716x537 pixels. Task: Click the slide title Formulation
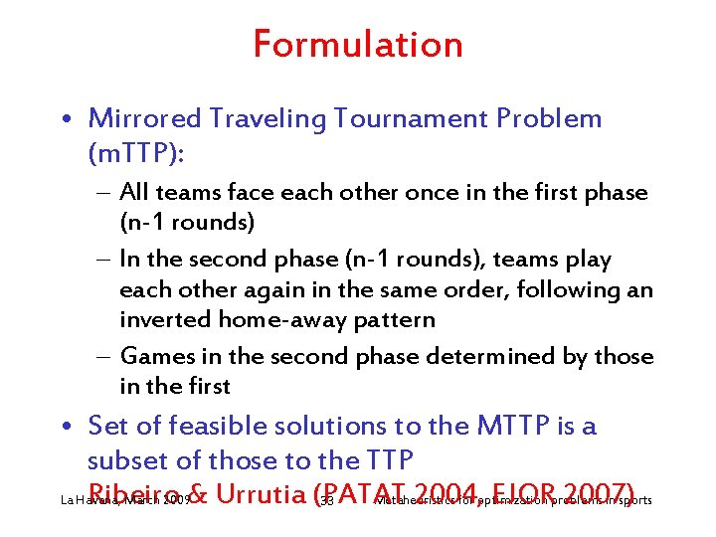coord(358,45)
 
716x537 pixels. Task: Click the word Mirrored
coord(143,118)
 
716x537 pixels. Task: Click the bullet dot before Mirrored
coord(69,120)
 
